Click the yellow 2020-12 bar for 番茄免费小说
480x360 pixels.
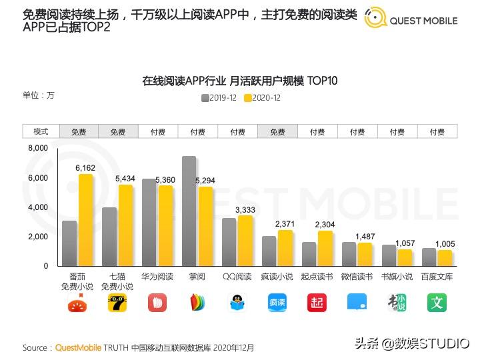coord(85,220)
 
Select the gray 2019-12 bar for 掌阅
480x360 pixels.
coord(189,211)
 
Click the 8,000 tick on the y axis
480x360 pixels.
coord(37,148)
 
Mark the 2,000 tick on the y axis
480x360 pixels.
coord(37,237)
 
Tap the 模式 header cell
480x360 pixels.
coord(41,132)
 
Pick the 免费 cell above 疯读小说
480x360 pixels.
coord(277,132)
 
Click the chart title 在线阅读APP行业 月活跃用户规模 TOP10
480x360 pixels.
coord(239,81)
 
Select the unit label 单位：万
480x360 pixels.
coord(39,95)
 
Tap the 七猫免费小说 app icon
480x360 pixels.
coord(117,303)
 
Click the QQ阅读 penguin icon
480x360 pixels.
coord(237,303)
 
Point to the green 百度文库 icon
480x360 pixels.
coord(437,303)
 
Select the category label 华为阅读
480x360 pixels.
coord(157,277)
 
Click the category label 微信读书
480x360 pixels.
coord(357,277)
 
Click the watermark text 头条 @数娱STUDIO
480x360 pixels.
coord(411,343)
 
